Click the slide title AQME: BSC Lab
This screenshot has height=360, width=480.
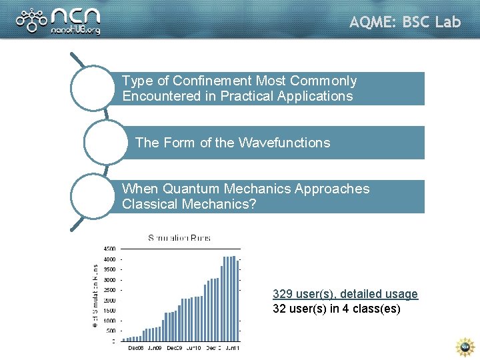[405, 22]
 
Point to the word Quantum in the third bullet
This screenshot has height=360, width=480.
[187, 189]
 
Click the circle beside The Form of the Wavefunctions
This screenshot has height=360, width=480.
[106, 142]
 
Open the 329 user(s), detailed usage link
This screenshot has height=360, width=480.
[345, 294]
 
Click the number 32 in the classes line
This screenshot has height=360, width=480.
[279, 309]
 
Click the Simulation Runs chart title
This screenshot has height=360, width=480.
[179, 238]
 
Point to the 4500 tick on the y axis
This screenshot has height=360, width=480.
[109, 249]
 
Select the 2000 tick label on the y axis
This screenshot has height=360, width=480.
[109, 300]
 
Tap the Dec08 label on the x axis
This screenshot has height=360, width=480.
[136, 349]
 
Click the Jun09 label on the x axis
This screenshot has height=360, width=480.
[155, 349]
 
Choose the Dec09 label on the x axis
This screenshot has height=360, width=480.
[175, 349]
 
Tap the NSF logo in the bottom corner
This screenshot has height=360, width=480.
[464, 347]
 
